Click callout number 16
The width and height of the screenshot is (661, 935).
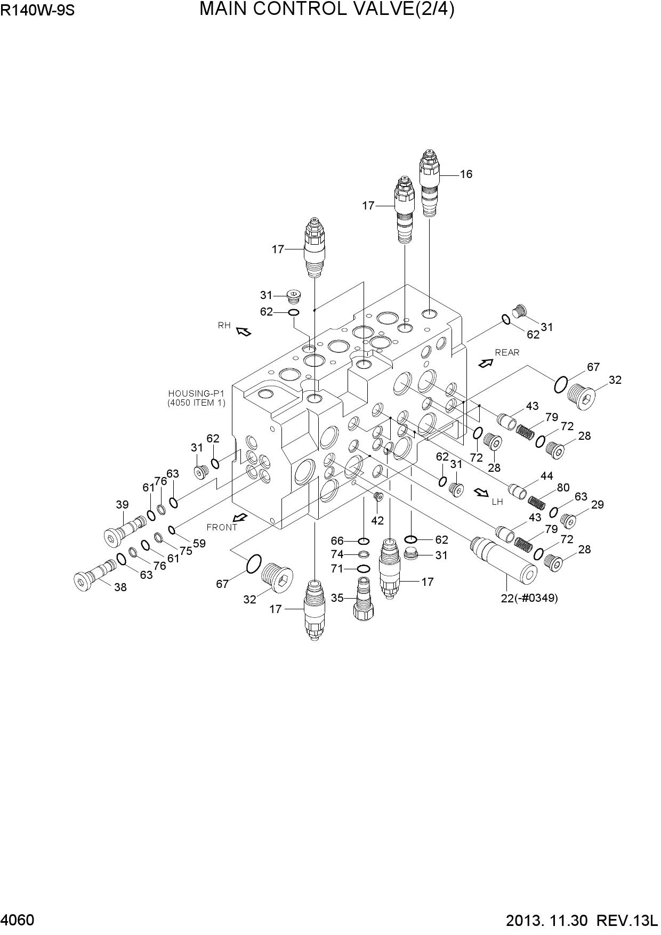pos(466,174)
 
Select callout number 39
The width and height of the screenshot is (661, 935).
pos(123,504)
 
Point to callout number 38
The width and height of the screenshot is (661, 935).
pos(120,588)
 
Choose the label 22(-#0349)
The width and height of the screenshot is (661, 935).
pos(529,598)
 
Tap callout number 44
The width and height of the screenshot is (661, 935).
pos(547,476)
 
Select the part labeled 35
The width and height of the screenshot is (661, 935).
pos(363,598)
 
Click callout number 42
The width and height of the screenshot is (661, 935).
pos(377,521)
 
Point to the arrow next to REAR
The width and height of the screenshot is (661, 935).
pos(486,363)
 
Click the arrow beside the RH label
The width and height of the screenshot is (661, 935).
pos(244,332)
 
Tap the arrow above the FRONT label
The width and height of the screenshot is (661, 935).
pos(240,517)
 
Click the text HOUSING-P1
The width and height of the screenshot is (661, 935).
pos(196,394)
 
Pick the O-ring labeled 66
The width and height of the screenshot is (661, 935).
pos(364,542)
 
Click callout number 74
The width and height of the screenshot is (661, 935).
pos(337,554)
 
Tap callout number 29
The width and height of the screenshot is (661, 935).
pos(598,504)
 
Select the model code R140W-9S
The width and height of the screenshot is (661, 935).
pos(37,11)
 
